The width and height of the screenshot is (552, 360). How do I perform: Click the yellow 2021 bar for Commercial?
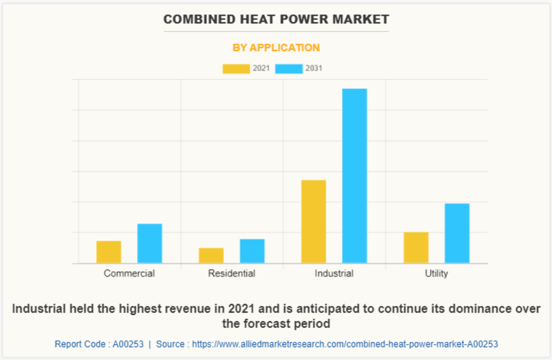pyautogui.click(x=108, y=252)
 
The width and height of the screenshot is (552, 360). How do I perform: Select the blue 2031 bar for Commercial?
pyautogui.click(x=150, y=243)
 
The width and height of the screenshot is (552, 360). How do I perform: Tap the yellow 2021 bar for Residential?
pyautogui.click(x=211, y=256)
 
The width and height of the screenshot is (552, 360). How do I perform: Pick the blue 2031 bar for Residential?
pyautogui.click(x=252, y=251)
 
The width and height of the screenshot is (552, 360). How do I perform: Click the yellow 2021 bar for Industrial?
pyautogui.click(x=314, y=221)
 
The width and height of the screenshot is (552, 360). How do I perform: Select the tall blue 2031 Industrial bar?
pyautogui.click(x=354, y=176)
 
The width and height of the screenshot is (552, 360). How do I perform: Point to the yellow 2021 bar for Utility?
pyautogui.click(x=416, y=247)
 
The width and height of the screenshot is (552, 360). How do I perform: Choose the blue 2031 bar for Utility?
pyautogui.click(x=457, y=233)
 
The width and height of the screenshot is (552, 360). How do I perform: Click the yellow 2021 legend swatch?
pyautogui.click(x=236, y=69)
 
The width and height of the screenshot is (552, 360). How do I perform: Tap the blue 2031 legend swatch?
pyautogui.click(x=289, y=69)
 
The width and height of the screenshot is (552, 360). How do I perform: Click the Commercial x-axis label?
pyautogui.click(x=129, y=273)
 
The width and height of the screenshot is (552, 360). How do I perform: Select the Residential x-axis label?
pyautogui.click(x=232, y=273)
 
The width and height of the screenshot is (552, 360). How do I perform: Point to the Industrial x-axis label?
pyautogui.click(x=334, y=273)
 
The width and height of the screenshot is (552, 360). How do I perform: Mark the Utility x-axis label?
pyautogui.click(x=436, y=273)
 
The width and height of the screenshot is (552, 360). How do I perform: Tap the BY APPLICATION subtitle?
pyautogui.click(x=276, y=48)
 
